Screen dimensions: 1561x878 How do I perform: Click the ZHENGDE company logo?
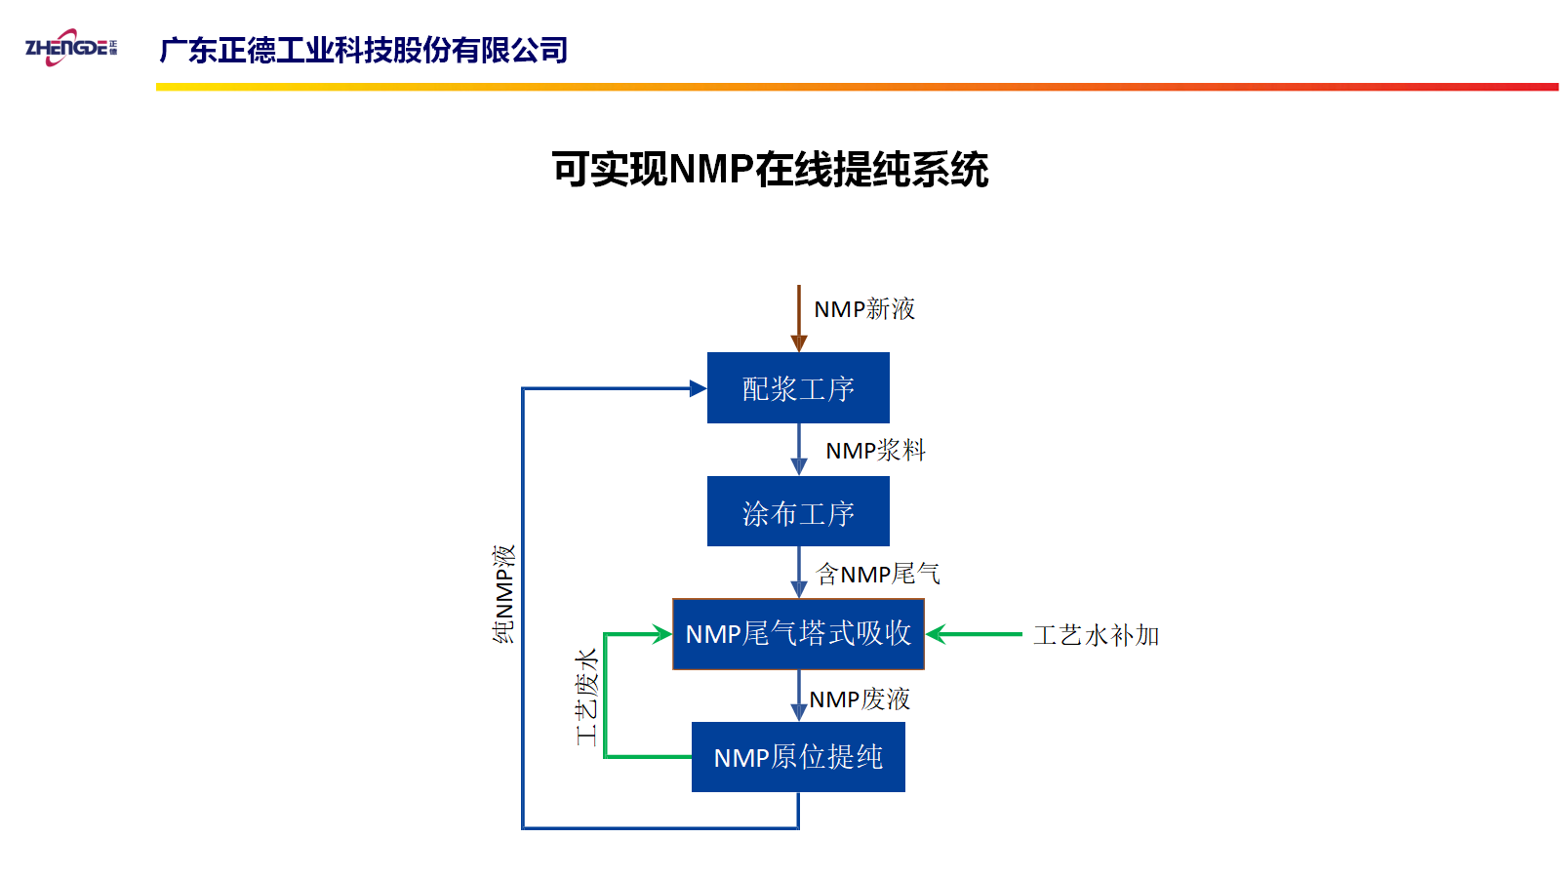point(71,48)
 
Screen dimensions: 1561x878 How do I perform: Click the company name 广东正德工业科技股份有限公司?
point(364,50)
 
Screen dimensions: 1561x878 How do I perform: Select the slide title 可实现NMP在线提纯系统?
point(770,170)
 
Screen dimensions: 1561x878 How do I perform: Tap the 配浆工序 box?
point(798,387)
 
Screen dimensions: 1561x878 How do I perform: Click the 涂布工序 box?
point(798,511)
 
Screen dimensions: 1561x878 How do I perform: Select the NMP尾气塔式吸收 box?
point(799,634)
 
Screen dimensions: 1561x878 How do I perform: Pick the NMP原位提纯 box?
point(799,757)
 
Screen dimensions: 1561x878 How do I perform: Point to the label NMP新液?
point(864,308)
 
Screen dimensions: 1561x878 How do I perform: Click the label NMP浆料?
point(875,450)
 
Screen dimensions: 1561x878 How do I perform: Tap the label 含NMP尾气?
point(878,575)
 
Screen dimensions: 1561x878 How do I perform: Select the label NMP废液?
point(860,698)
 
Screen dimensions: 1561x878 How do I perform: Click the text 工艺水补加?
point(1097,635)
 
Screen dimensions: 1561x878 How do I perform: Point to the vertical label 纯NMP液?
point(503,594)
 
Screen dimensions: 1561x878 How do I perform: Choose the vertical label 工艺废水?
point(586,698)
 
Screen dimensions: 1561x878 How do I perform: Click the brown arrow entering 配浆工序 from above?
point(799,318)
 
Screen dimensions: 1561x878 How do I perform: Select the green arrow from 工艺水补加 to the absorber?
point(974,634)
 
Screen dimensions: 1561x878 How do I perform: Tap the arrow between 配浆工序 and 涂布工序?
point(799,450)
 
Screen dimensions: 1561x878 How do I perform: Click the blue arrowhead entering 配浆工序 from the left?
point(699,388)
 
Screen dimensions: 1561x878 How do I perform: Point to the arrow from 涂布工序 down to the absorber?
point(799,572)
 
